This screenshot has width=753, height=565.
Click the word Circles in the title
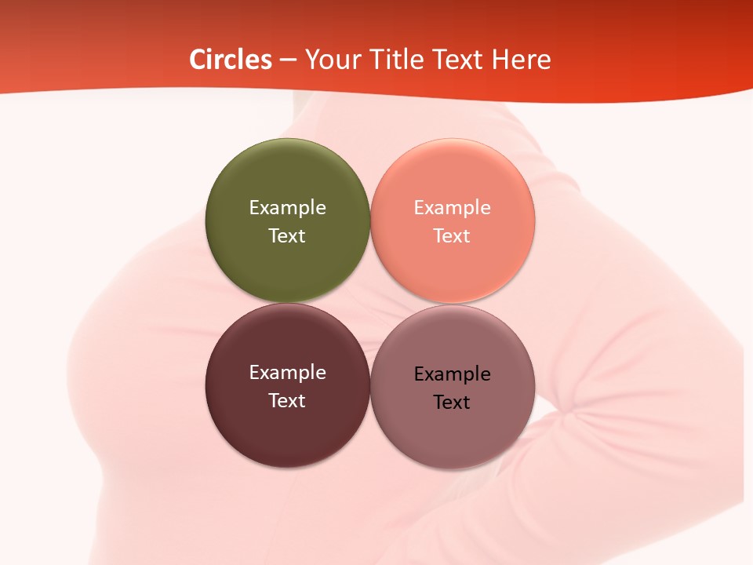pos(231,60)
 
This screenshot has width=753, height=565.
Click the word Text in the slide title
pos(460,60)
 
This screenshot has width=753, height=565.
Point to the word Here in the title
pos(522,60)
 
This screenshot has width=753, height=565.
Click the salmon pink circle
pos(453,267)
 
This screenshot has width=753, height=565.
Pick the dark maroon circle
pos(287,432)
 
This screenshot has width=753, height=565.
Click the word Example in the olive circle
pos(287,208)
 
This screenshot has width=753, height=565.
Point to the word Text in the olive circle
pos(287,236)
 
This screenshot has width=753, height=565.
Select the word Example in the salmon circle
pos(453,208)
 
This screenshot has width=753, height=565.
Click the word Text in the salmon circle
pos(453,236)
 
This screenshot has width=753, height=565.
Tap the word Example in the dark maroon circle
pos(287,373)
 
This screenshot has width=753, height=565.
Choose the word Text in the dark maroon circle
pos(287,401)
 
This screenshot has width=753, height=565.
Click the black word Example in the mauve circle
pos(453,374)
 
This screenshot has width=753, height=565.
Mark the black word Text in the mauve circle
pos(453,403)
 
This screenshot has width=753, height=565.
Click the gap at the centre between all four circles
pos(370,303)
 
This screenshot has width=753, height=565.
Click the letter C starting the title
pos(198,60)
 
